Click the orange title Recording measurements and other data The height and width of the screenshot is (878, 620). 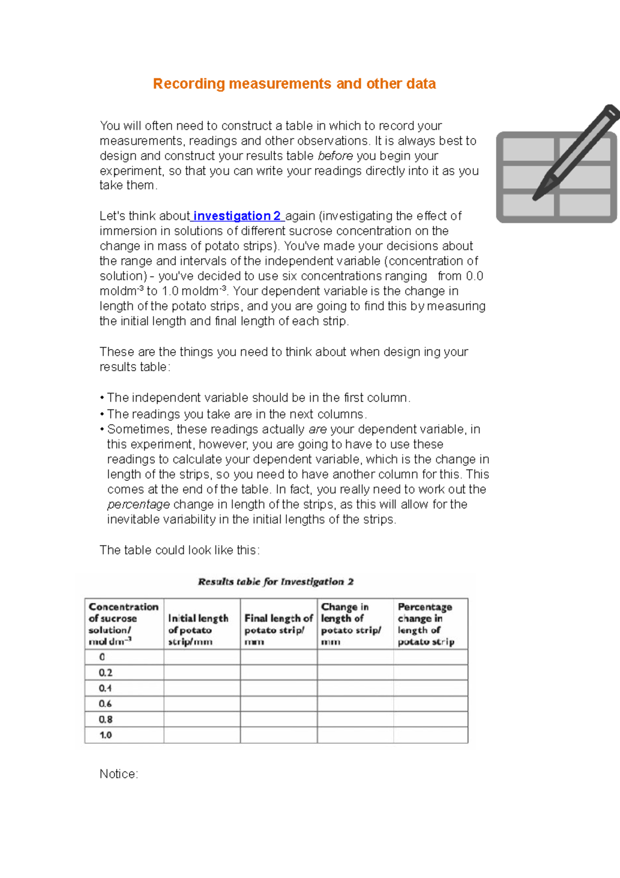[x=294, y=84]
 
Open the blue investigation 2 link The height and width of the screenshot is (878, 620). [x=237, y=216]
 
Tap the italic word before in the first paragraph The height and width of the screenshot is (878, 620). [x=335, y=156]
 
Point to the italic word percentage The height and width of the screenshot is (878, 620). [x=138, y=504]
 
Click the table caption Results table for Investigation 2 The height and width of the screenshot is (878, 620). [x=275, y=582]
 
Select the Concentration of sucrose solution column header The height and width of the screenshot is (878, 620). [x=123, y=624]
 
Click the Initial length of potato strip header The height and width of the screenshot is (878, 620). [x=198, y=629]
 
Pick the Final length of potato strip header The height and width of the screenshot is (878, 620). [x=278, y=629]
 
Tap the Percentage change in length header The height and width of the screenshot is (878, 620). [x=426, y=624]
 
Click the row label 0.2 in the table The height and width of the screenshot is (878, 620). [x=105, y=672]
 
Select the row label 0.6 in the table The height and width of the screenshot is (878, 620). [x=105, y=704]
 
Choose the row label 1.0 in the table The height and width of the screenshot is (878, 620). [x=105, y=735]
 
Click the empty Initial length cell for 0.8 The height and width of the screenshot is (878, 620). [x=202, y=719]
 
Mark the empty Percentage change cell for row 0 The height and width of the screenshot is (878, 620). [x=430, y=657]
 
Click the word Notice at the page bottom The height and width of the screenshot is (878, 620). [x=118, y=774]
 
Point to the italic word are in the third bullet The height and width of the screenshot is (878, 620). [x=317, y=429]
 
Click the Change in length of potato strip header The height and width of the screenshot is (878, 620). [x=351, y=624]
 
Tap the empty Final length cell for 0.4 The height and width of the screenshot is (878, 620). [x=278, y=688]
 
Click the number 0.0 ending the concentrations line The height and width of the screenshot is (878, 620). [x=474, y=276]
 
